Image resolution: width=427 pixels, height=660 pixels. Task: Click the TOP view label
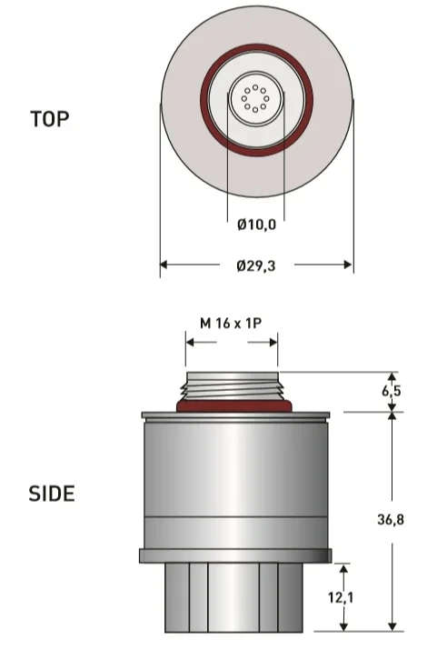click(50, 119)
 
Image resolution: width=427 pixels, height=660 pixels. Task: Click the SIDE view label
click(52, 494)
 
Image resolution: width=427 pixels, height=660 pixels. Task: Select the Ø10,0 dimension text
click(256, 225)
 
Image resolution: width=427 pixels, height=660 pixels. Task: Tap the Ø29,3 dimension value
click(256, 265)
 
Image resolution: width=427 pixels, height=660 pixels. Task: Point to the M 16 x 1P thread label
click(231, 324)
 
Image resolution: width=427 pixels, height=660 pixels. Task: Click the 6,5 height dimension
click(392, 391)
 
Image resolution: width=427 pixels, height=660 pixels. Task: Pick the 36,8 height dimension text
click(391, 519)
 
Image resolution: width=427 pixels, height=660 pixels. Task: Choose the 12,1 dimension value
click(341, 597)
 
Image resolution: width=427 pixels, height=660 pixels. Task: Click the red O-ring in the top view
click(256, 46)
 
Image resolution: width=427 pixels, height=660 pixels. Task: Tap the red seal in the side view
click(233, 406)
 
